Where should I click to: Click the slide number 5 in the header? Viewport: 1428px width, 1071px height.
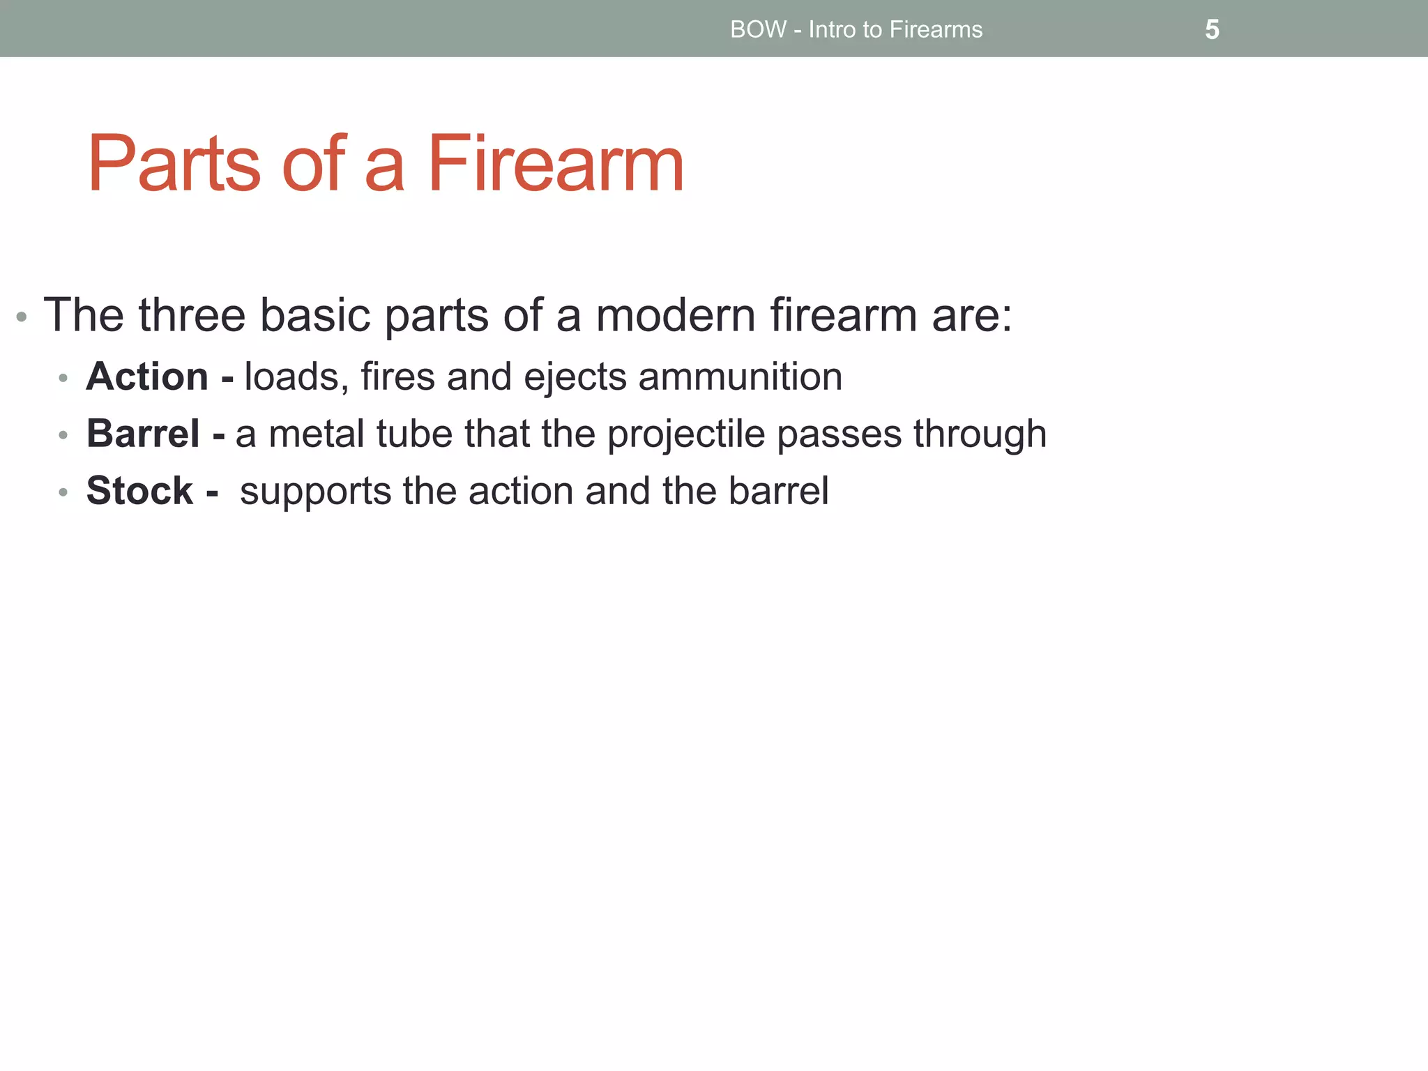1212,30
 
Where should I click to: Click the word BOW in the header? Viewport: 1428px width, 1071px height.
758,30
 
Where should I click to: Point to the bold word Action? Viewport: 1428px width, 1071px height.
147,377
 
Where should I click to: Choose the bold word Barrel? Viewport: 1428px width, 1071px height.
143,434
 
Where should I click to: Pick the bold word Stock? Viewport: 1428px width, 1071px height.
139,491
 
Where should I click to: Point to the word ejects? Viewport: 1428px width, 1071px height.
575,377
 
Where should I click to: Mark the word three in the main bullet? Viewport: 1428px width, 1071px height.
192,315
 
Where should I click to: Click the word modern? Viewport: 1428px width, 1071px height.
676,315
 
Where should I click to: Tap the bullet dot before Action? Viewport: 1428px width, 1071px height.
63,378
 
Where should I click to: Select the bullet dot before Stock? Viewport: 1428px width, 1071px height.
63,492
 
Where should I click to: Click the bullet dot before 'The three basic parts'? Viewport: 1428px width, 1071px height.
22,317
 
